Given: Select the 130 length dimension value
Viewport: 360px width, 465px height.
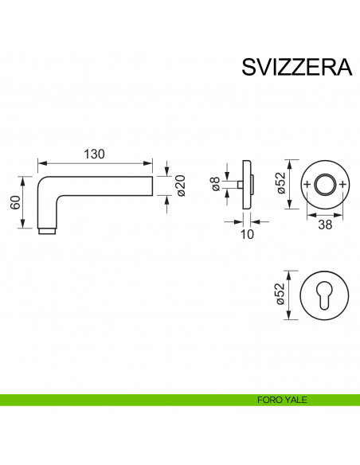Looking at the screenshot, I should click(x=95, y=154).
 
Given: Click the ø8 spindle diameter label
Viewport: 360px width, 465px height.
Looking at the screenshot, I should click(x=215, y=185).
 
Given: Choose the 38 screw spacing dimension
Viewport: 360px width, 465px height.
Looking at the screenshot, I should click(x=325, y=225).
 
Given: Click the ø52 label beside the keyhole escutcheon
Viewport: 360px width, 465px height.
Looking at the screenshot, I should click(x=280, y=295).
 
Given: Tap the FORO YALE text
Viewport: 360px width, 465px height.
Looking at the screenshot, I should click(x=284, y=400).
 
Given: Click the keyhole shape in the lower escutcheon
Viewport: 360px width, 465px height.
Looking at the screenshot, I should click(x=325, y=295).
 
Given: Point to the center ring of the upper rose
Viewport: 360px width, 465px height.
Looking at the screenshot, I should click(x=325, y=185).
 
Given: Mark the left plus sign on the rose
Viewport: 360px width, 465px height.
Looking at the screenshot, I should click(x=307, y=185).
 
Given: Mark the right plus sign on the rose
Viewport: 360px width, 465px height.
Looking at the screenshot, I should click(x=342, y=185).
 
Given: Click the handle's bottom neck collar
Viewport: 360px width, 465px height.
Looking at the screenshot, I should click(x=48, y=232).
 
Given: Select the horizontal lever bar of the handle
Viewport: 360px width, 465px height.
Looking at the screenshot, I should click(x=104, y=185).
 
